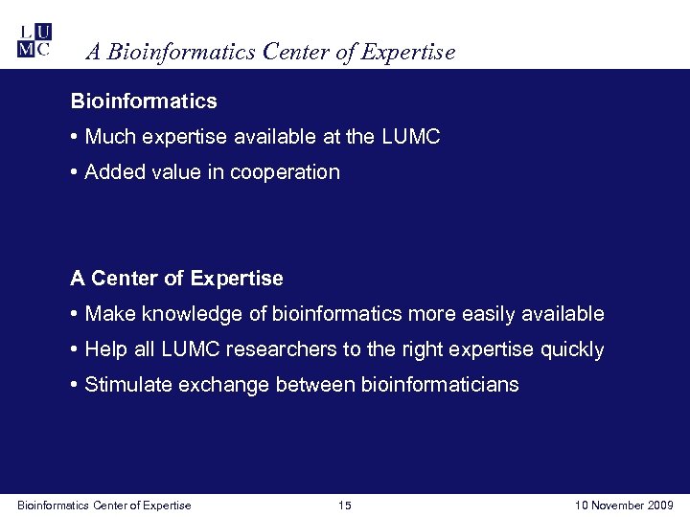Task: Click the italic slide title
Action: click(x=270, y=53)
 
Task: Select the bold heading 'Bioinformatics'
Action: click(x=144, y=101)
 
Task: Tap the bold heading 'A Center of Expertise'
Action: click(x=176, y=279)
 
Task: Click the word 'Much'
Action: click(x=108, y=137)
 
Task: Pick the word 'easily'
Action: click(x=494, y=314)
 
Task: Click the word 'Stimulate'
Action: click(x=125, y=385)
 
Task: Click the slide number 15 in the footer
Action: click(x=345, y=506)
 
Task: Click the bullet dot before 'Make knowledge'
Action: click(x=75, y=314)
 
